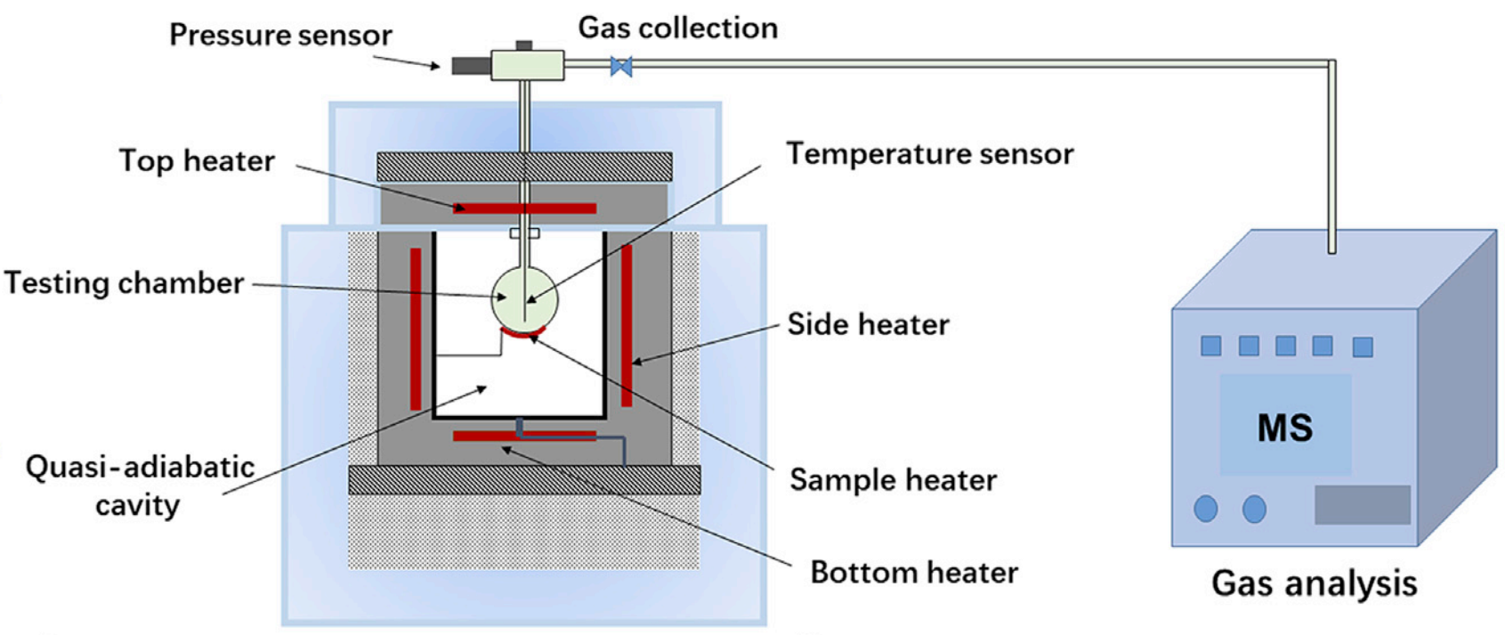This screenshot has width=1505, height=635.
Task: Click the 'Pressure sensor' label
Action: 280,36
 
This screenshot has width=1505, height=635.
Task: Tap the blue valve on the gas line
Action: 621,66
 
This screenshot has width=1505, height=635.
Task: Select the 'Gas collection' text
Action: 678,28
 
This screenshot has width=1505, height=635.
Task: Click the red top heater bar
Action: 524,208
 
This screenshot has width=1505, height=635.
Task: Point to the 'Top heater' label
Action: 197,161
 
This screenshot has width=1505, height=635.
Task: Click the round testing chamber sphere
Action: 524,298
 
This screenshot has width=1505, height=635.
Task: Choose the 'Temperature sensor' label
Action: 929,154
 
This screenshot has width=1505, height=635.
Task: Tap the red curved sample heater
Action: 523,333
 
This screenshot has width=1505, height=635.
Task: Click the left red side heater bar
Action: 416,329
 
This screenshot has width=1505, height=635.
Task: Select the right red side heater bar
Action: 627,325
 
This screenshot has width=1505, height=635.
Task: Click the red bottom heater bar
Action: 524,436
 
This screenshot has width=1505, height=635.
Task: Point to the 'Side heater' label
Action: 868,324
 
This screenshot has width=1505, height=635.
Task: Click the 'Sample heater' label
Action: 893,480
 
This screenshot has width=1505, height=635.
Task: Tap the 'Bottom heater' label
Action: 914,572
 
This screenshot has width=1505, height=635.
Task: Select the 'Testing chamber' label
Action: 124,283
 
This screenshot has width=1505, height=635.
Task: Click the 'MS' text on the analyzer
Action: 1284,428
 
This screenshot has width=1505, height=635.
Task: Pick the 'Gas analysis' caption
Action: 1314,583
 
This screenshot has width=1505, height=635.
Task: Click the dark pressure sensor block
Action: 471,65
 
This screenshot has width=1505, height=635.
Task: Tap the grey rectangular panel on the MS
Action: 1362,505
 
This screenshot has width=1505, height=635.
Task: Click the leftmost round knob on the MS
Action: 1205,509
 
